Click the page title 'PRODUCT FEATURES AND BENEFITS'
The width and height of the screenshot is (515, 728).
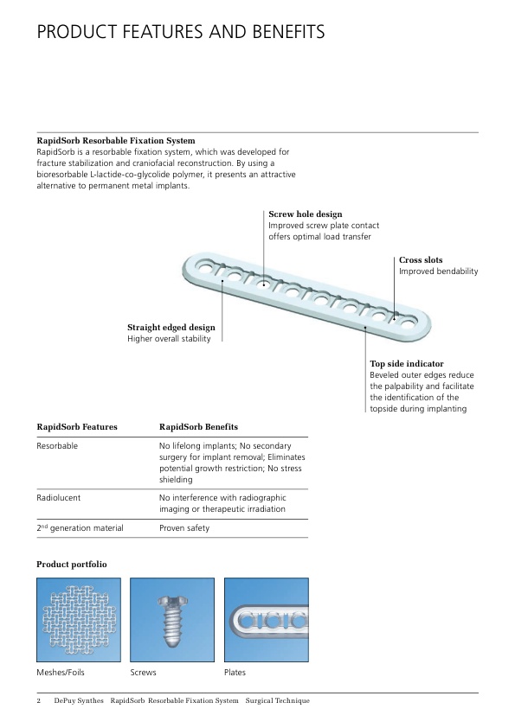(180, 32)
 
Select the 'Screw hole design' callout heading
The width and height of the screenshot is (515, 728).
(306, 214)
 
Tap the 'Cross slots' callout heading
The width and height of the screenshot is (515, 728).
(421, 260)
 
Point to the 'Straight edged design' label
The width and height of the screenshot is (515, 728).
(171, 328)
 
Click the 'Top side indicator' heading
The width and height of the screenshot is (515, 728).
(407, 363)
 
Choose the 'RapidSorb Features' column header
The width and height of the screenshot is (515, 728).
(77, 426)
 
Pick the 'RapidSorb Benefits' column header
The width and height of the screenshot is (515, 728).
(198, 426)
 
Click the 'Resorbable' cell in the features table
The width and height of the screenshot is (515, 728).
(57, 446)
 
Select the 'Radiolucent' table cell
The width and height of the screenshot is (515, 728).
(59, 498)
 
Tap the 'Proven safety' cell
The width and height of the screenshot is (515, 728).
(184, 528)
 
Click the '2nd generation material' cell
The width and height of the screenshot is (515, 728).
(80, 527)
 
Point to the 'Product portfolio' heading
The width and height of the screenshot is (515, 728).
(72, 564)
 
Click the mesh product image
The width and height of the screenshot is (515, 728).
(79, 620)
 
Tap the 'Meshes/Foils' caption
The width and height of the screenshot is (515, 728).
(61, 673)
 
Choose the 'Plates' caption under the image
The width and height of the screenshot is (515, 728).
(235, 673)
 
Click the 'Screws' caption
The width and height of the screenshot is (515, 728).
(143, 673)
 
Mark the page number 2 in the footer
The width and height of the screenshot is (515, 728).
(39, 700)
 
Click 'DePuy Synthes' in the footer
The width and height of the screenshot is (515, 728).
(79, 700)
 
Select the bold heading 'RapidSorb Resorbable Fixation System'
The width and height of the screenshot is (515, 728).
(116, 141)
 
